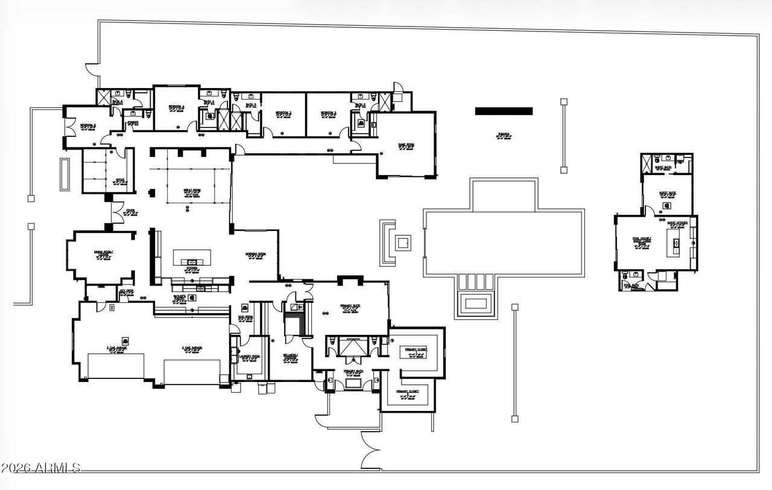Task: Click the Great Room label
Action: pos(192,191)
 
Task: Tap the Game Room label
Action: pos(406,145)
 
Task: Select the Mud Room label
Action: pos(245,318)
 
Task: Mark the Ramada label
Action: pos(504,135)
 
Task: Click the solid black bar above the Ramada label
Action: pos(504,111)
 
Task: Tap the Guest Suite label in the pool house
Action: pos(667,194)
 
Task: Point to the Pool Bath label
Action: pos(631,285)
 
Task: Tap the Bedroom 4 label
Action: pos(176,107)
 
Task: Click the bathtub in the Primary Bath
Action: pos(352,383)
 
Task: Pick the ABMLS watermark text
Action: pos(41,468)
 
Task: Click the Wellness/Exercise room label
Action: pos(289,357)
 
